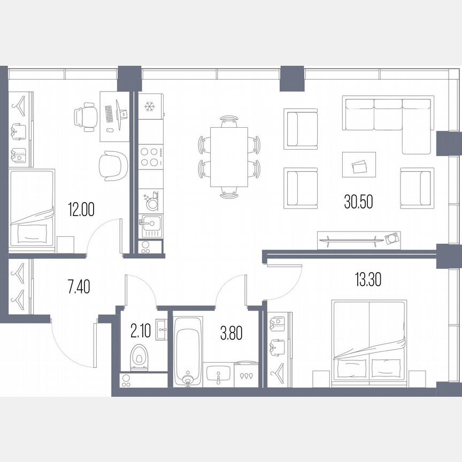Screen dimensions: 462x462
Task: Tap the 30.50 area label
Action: coord(358,202)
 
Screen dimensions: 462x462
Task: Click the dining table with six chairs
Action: coord(229,157)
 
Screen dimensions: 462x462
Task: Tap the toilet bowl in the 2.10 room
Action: coord(139,357)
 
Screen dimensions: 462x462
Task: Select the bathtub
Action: coord(187,350)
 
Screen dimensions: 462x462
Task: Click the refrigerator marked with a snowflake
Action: coord(150,106)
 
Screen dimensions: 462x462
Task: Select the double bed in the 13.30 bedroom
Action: coord(369,342)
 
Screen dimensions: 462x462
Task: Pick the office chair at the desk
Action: coord(86,115)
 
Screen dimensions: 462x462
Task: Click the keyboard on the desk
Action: coord(109,113)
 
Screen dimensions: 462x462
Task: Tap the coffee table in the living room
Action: coord(359,165)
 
